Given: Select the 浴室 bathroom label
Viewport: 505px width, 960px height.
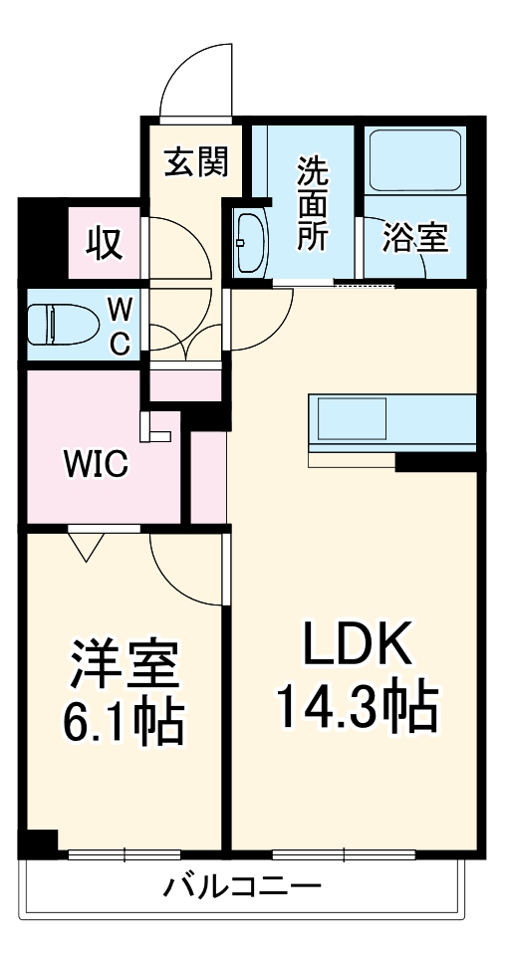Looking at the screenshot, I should coord(416,237).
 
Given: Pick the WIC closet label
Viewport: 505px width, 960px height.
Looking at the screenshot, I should coord(96,464).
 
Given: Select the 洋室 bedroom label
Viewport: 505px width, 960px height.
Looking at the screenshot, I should coord(125,664).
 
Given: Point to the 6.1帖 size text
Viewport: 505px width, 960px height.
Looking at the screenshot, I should coord(125,724).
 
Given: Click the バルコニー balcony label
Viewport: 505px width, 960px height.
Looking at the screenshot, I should coord(244,885).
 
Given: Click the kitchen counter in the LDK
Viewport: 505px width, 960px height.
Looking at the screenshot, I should coord(392,423).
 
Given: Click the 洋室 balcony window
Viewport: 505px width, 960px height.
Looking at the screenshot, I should coord(125,853).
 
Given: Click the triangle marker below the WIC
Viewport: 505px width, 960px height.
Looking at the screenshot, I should coord(88,544).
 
